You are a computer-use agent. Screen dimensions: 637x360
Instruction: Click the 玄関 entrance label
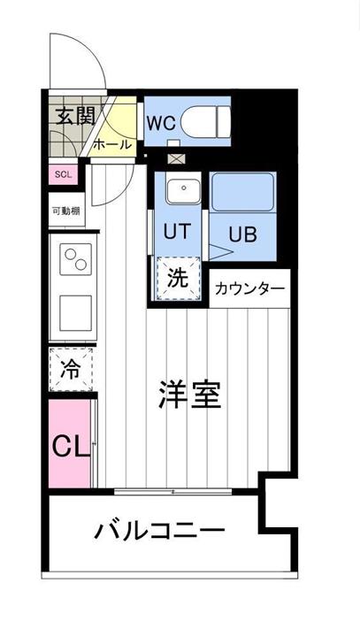[70, 116]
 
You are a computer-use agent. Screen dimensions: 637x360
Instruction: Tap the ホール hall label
[111, 144]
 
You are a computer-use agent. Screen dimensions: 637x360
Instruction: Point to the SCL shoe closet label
[64, 173]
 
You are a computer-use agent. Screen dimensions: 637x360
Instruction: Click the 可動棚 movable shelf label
[65, 211]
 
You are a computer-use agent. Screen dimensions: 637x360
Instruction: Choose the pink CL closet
[69, 442]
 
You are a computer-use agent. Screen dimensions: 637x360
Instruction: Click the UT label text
[177, 234]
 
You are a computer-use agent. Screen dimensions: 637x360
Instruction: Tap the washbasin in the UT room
[181, 189]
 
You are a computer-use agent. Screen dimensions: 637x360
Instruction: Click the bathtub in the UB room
[243, 192]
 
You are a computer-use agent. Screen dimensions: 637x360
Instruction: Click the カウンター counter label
[250, 288]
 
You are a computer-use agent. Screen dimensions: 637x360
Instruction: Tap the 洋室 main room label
[189, 395]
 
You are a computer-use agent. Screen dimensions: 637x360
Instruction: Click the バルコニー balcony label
[159, 533]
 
